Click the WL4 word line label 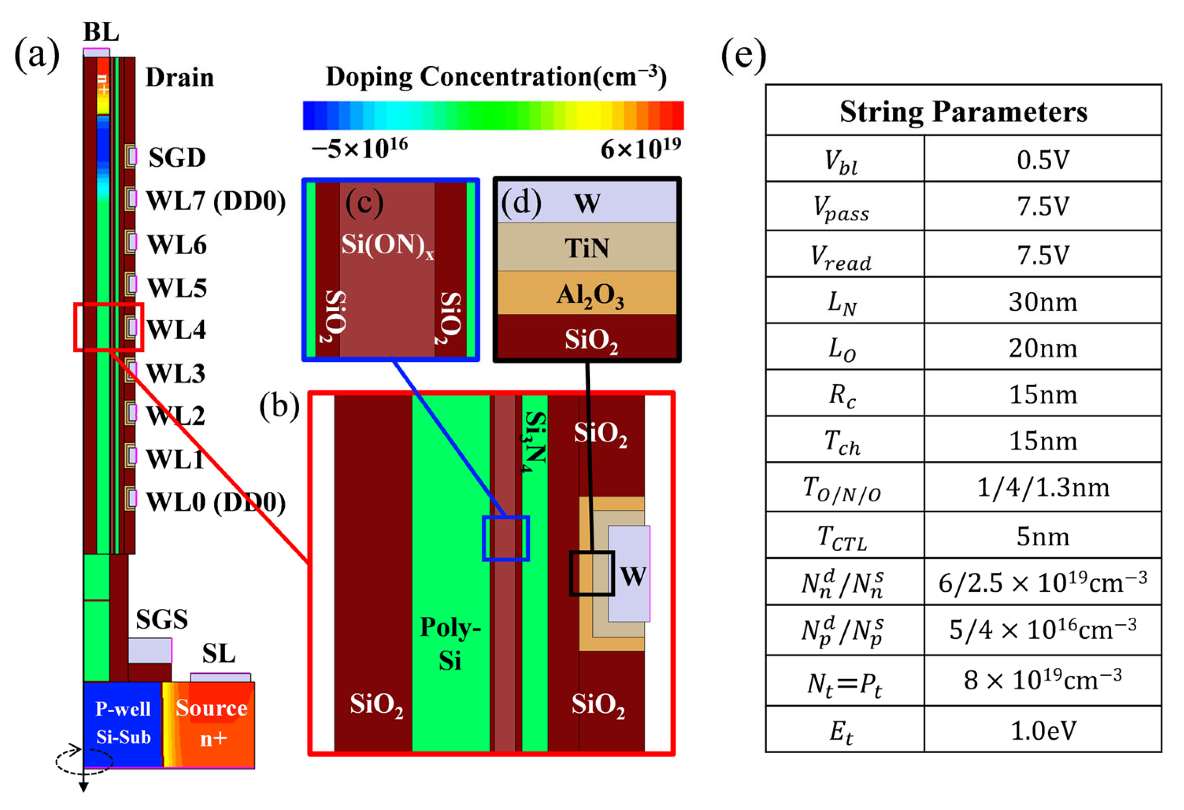coord(176,330)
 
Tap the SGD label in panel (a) coord(177,158)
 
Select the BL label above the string coord(101,32)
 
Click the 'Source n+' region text coord(211,723)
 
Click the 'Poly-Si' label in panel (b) coord(450,644)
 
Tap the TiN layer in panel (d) coord(587,248)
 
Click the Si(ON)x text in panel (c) coord(387,245)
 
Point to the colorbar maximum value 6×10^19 coord(640,149)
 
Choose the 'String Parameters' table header coord(963,112)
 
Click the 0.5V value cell coord(1043,160)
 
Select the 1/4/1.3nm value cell coord(1043,488)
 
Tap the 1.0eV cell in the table coord(1043,731)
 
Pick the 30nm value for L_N coord(1043,302)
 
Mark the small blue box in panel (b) coord(506,538)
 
